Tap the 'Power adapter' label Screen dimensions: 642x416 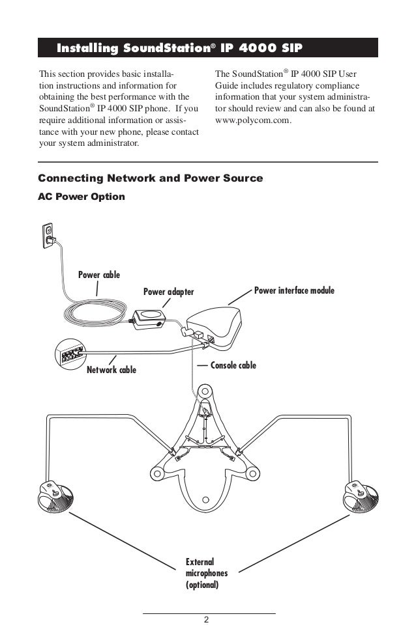click(x=168, y=292)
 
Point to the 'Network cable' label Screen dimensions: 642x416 click(x=111, y=370)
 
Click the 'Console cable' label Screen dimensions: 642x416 click(x=233, y=365)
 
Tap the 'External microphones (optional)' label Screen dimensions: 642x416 click(x=202, y=573)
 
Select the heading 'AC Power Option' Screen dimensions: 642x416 click(x=82, y=195)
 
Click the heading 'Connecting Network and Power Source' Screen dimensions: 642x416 click(x=151, y=178)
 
